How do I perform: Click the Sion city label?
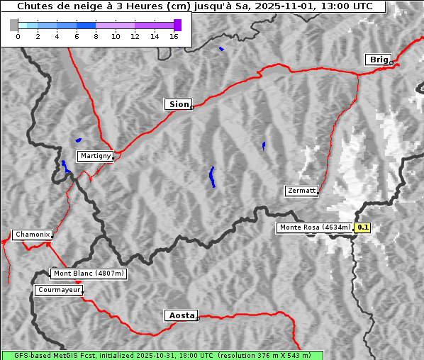tap(178, 104)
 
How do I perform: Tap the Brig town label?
tap(378, 60)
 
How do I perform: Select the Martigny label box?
tap(94, 156)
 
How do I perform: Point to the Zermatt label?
tap(301, 191)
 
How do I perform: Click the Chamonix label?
tap(32, 235)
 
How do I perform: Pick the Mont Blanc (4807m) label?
tap(89, 274)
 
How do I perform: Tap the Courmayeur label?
tap(59, 290)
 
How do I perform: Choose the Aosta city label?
tap(181, 315)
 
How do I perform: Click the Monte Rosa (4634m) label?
tap(315, 227)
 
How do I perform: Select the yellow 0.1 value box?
tap(363, 227)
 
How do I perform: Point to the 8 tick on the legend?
tap(96, 37)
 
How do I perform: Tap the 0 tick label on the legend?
tap(18, 37)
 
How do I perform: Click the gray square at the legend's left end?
tap(14, 25)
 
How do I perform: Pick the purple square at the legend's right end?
tap(177, 25)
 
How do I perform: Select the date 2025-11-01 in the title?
tap(279, 6)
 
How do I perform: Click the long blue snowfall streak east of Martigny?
tap(212, 176)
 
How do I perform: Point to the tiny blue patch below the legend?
tap(221, 49)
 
